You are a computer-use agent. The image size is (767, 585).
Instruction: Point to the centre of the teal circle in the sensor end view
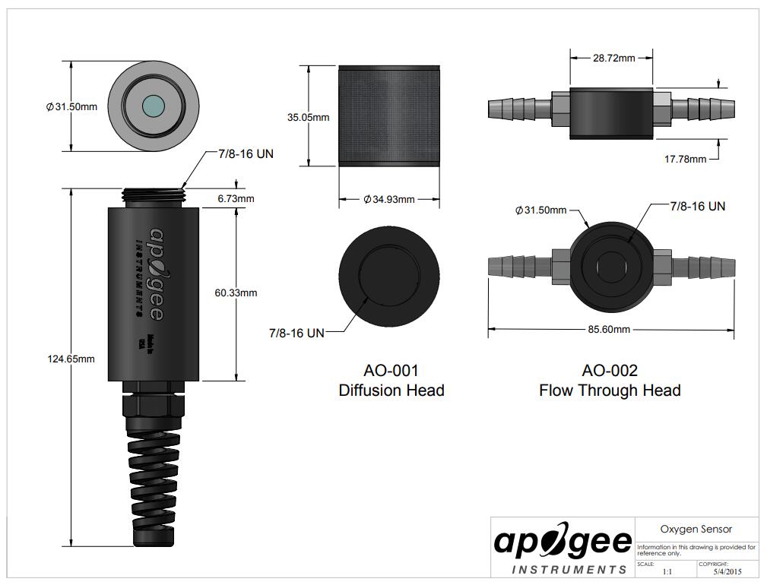pyautogui.click(x=154, y=106)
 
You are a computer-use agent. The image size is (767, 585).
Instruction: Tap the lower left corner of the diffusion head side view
pyautogui.click(x=339, y=166)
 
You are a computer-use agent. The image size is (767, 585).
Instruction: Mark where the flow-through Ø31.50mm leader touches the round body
pyautogui.click(x=588, y=228)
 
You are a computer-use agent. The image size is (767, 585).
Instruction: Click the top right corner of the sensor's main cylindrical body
pyautogui.click(x=199, y=207)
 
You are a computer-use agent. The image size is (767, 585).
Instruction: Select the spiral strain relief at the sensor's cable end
pyautogui.click(x=153, y=489)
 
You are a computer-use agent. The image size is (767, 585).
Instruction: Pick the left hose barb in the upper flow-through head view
pyautogui.click(x=519, y=108)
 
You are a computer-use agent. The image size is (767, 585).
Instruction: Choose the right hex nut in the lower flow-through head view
pyautogui.click(x=662, y=267)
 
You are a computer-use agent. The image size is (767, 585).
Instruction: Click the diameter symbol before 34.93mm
pyautogui.click(x=367, y=199)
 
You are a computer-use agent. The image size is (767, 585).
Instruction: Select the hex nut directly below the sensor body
pyautogui.click(x=154, y=403)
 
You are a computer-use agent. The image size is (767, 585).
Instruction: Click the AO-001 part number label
pyautogui.click(x=391, y=371)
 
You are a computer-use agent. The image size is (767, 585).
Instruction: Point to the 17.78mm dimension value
pyautogui.click(x=685, y=159)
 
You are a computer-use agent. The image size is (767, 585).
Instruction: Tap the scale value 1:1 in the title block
pyautogui.click(x=667, y=571)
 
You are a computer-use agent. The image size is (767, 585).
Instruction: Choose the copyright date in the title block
pyautogui.click(x=727, y=571)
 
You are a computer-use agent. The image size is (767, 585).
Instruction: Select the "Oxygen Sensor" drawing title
pyautogui.click(x=696, y=529)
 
